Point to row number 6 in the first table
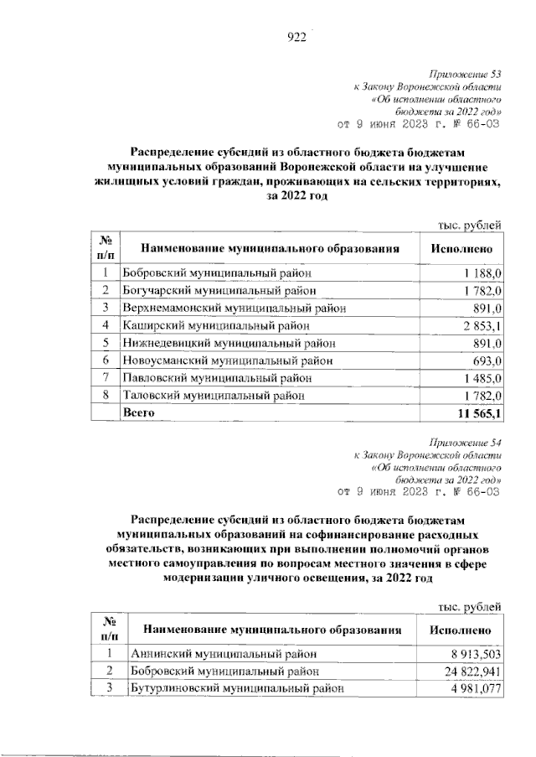(x=106, y=360)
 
